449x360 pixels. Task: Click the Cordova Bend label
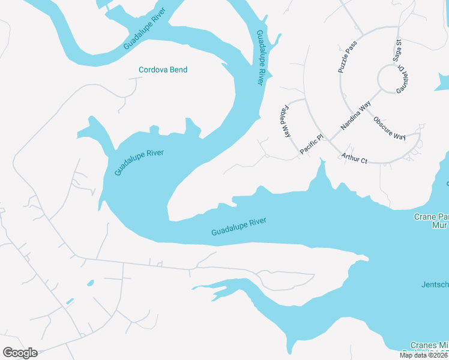(163, 70)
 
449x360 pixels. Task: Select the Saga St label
(397, 50)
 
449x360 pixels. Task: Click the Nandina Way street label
(356, 116)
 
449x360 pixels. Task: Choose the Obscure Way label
(390, 127)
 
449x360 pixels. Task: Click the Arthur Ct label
(354, 157)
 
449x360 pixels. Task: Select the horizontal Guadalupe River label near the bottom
(238, 227)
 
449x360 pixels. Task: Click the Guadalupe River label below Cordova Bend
(139, 162)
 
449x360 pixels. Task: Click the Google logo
(20, 352)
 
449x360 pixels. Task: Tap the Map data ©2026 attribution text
(424, 355)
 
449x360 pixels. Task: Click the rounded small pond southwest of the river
(90, 283)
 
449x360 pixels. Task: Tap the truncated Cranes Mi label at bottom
(429, 346)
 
